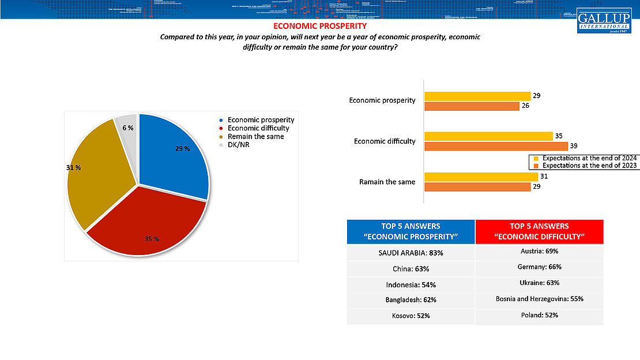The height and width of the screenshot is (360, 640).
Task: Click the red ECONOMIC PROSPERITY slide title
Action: point(319,26)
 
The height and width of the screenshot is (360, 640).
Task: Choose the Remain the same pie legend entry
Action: point(255,137)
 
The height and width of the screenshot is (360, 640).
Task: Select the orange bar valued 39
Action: point(496,147)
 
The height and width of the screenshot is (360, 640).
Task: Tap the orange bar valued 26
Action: point(472,106)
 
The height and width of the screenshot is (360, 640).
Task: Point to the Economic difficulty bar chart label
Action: point(384,141)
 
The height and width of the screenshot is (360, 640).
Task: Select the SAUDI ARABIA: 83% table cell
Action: point(411,253)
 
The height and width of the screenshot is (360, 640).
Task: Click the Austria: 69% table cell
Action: point(539,252)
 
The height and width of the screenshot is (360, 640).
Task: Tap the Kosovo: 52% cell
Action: point(411,316)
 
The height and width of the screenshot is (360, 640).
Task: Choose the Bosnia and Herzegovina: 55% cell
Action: point(539,299)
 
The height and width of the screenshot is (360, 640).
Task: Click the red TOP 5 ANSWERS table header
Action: point(539,231)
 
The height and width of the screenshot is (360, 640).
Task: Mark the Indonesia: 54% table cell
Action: point(411,284)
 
